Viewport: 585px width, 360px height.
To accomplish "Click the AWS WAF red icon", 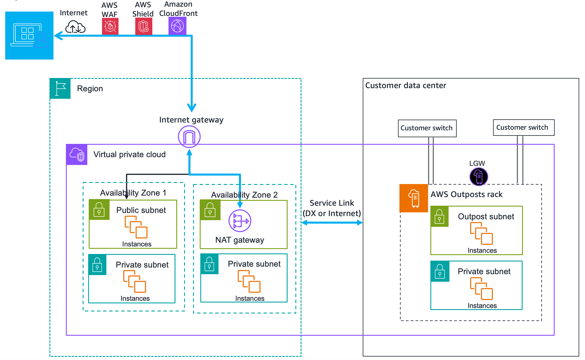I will [x=110, y=26].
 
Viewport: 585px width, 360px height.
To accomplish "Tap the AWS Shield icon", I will [x=144, y=26].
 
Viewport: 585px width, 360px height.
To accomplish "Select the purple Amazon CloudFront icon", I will [x=177, y=26].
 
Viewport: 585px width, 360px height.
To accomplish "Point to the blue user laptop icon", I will [x=29, y=36].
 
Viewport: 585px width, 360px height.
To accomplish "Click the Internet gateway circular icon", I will [x=189, y=137].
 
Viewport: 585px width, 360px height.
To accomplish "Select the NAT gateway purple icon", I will [x=240, y=221].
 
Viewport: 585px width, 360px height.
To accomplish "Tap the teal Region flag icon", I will [x=60, y=88].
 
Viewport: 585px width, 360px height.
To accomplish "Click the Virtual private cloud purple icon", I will [x=77, y=155].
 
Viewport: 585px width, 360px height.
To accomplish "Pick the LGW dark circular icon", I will [x=479, y=177].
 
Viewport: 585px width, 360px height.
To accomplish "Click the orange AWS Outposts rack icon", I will [x=414, y=198].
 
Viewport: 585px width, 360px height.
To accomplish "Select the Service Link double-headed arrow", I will [x=332, y=222].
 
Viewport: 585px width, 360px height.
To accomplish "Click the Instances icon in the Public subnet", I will [x=136, y=227].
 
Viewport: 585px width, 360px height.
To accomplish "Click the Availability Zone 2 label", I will [x=244, y=195].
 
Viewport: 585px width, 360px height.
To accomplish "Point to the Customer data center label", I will [x=405, y=86].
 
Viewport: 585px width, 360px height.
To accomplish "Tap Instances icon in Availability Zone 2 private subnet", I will [x=249, y=281].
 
